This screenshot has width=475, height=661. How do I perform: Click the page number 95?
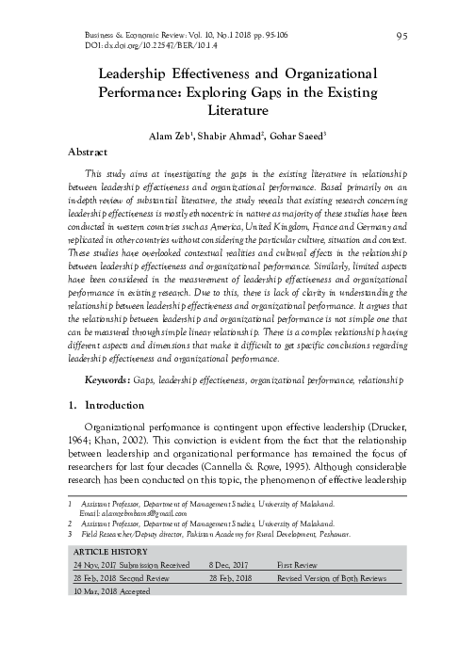coord(402,37)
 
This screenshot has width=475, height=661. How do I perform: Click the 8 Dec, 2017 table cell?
coord(232,564)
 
